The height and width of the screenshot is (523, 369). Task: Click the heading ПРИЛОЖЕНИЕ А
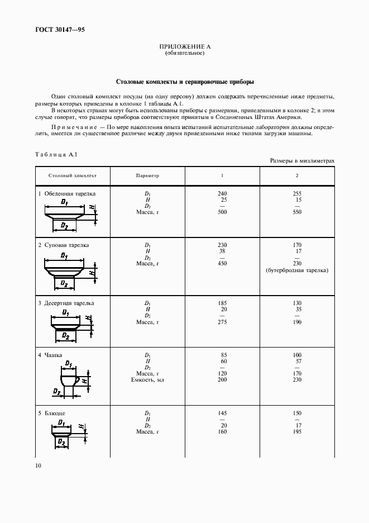pos(184,47)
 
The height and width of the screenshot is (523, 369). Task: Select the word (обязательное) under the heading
pos(184,54)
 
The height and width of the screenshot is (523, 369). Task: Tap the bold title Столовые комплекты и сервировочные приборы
pos(184,81)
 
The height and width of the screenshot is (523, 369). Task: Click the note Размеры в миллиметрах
pos(302,160)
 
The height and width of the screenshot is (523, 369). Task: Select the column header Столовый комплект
pos(73,175)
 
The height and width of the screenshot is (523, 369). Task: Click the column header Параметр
pos(147,175)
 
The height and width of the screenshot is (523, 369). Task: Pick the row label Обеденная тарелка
pos(70,194)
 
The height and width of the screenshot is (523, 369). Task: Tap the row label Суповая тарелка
pos(67,245)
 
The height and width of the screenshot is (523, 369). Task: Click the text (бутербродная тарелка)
pos(296,270)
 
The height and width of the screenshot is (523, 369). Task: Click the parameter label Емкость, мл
pos(147,380)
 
